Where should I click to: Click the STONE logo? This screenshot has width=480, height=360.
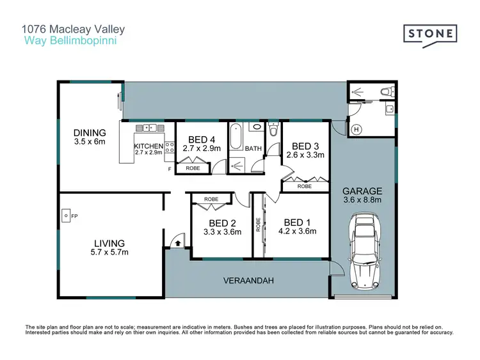click(429, 34)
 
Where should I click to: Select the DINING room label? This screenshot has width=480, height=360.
click(89, 133)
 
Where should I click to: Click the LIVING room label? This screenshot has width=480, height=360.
click(110, 243)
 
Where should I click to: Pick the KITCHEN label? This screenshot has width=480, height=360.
click(148, 146)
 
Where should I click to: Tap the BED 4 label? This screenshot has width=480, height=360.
click(202, 139)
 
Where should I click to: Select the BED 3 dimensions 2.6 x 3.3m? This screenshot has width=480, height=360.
click(305, 155)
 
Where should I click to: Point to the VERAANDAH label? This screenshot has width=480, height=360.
click(247, 281)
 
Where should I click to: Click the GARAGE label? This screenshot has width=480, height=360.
click(362, 191)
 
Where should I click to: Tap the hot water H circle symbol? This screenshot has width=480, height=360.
click(356, 130)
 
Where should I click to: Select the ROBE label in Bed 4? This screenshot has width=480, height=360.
click(193, 168)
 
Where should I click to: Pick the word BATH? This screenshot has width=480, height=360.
click(253, 148)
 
